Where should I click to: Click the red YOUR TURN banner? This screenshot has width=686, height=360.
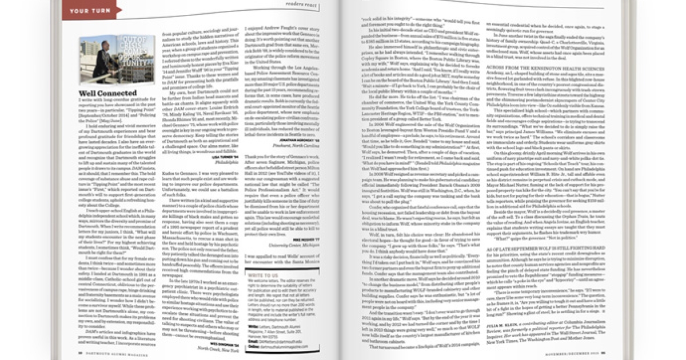click(x=89, y=10)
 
